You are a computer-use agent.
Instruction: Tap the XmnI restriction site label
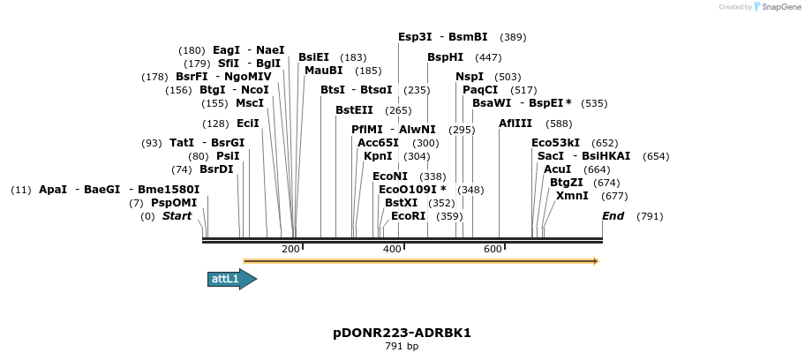tap(572, 196)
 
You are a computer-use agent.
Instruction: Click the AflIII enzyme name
tap(515, 124)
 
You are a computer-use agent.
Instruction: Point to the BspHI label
tap(445, 57)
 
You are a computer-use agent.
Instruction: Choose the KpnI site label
tap(378, 156)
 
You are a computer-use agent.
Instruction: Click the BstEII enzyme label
tap(354, 110)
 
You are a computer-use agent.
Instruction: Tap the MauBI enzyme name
tap(323, 71)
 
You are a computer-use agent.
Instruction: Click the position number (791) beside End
tap(650, 216)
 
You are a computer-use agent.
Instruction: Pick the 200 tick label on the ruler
tap(290, 250)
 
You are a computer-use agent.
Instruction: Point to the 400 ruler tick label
tap(392, 250)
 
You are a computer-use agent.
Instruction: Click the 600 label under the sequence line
tap(493, 250)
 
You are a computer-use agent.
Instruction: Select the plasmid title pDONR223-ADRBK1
tap(402, 333)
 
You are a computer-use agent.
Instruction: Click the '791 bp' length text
tap(402, 347)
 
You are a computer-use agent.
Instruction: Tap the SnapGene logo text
tap(777, 7)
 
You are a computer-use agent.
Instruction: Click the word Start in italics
tap(177, 216)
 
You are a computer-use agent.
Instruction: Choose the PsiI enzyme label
tap(228, 156)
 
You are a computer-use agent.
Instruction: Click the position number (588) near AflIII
tap(560, 124)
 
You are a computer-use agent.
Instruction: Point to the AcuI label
tap(558, 169)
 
